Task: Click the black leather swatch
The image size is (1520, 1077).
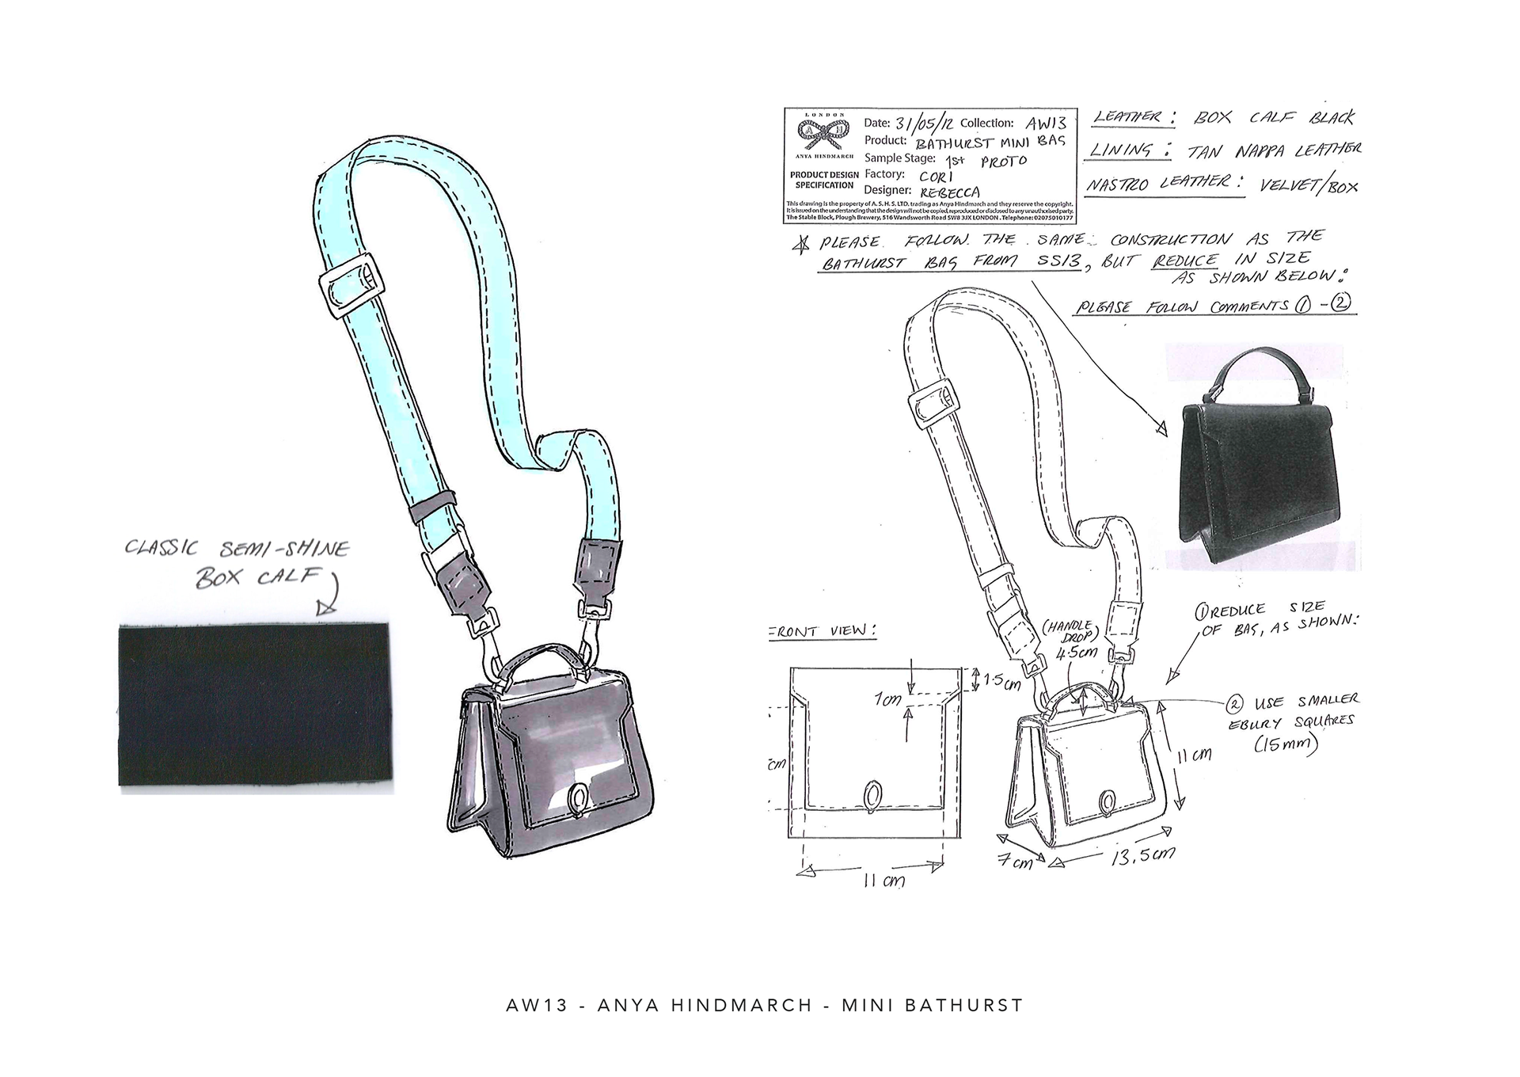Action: click(256, 704)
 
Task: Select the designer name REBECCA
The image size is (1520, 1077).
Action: click(950, 192)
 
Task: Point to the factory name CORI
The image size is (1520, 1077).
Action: click(936, 175)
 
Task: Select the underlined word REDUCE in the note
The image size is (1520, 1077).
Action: click(1185, 261)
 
